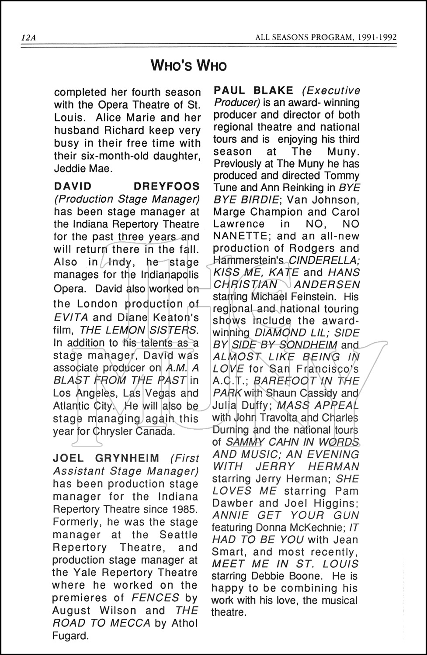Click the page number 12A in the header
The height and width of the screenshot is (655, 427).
pyautogui.click(x=28, y=38)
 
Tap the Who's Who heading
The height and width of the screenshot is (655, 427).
pyautogui.click(x=189, y=66)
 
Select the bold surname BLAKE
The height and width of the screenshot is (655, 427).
pyautogui.click(x=275, y=91)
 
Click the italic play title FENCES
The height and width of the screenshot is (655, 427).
pyautogui.click(x=156, y=598)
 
